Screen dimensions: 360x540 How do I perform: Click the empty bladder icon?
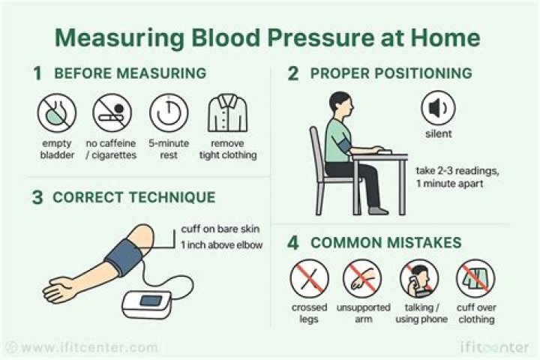[x=56, y=113]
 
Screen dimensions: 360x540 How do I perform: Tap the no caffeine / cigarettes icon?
[x=112, y=113]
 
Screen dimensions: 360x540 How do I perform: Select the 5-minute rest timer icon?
[x=169, y=113]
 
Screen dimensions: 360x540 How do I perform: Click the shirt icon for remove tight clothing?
[x=227, y=113]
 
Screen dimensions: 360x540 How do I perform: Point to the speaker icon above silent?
[x=436, y=109]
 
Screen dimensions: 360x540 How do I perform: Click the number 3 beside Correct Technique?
[x=37, y=198]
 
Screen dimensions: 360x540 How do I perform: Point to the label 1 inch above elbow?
[x=221, y=244]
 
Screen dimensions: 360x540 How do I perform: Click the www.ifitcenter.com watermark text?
[x=88, y=347]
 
